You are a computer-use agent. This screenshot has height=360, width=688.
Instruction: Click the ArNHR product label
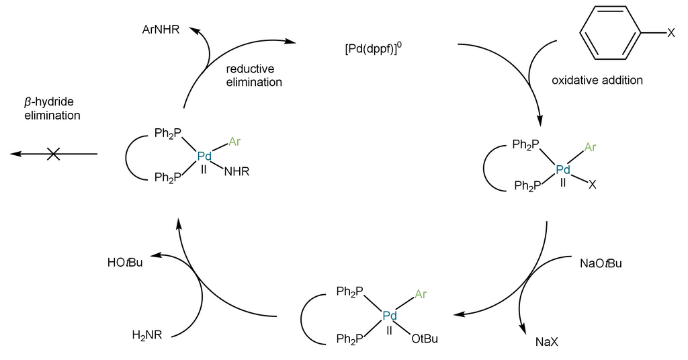[160, 30]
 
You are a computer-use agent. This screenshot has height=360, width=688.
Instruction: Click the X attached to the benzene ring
[671, 34]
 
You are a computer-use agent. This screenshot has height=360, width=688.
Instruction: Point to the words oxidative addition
[597, 81]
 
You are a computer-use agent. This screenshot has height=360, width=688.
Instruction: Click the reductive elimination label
[254, 75]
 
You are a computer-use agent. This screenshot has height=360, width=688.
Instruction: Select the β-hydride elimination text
[50, 108]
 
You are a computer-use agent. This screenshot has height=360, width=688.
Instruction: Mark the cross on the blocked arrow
[54, 154]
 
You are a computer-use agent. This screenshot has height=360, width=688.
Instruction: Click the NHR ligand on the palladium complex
[236, 172]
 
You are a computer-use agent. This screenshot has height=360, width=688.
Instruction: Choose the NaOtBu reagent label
[600, 263]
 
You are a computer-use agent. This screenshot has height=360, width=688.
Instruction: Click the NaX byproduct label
[547, 342]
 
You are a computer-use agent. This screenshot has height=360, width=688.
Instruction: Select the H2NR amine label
[146, 334]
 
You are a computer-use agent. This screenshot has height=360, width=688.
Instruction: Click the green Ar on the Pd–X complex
[591, 147]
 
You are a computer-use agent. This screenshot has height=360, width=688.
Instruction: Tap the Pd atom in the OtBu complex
[390, 316]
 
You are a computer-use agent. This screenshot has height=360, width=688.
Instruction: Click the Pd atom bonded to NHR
[204, 156]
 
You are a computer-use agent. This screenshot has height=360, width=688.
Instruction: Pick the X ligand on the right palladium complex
[592, 183]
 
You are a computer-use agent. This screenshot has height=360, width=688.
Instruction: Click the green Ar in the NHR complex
[234, 142]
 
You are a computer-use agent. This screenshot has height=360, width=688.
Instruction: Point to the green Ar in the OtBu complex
[421, 294]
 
